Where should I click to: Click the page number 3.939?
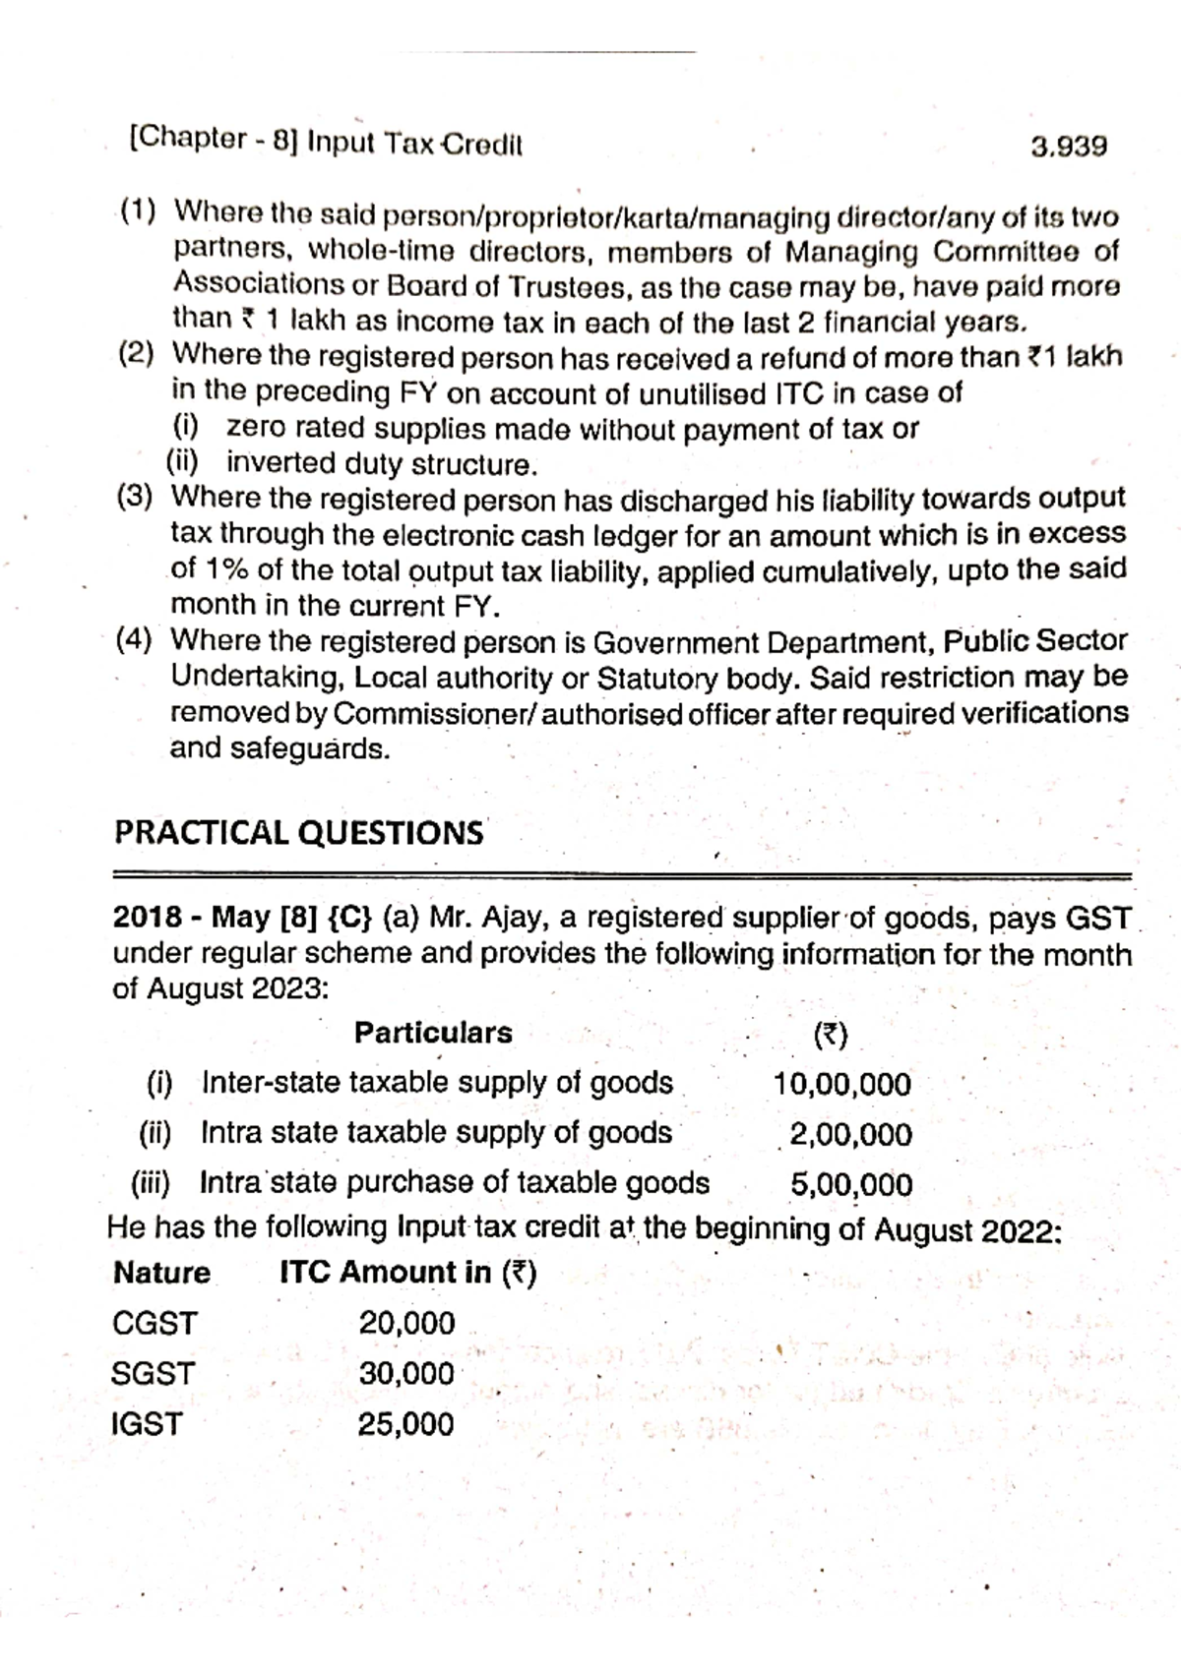[x=1069, y=148]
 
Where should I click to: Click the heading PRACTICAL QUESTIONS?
[x=299, y=833]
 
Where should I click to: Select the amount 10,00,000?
[x=842, y=1085]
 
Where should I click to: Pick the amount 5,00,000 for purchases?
[x=851, y=1185]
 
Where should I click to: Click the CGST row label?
[x=155, y=1324]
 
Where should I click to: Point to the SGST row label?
[x=154, y=1374]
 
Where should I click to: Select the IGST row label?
[x=148, y=1424]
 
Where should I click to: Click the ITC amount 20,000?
[x=406, y=1324]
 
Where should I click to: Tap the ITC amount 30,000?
[x=406, y=1374]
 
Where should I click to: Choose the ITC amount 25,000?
[x=406, y=1424]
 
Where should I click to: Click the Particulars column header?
[x=433, y=1034]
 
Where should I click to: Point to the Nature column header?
[x=162, y=1274]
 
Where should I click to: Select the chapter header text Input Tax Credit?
[x=414, y=145]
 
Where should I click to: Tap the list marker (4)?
[x=135, y=641]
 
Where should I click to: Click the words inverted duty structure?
[x=382, y=463]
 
